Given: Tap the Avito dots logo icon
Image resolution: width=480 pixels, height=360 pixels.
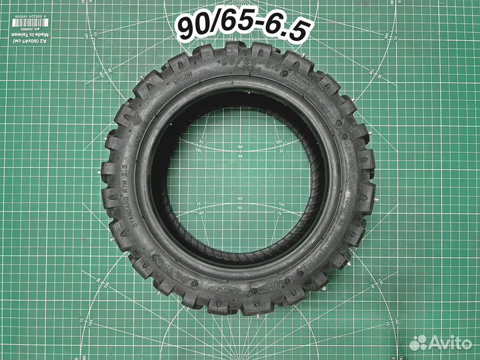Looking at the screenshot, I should click(x=418, y=343).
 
